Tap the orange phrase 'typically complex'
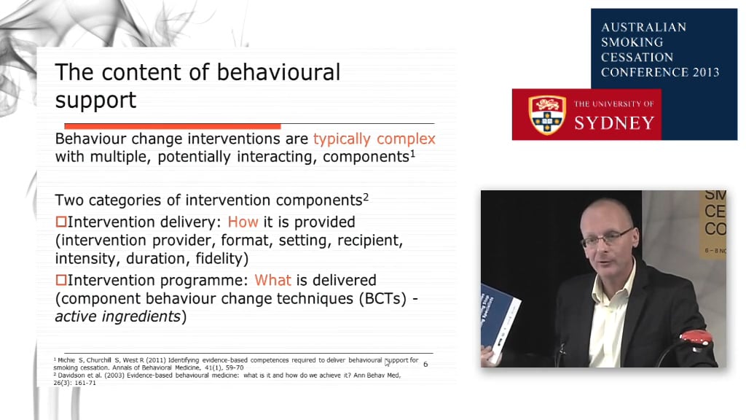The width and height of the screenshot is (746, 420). click(374, 139)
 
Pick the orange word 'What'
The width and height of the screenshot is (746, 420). click(272, 280)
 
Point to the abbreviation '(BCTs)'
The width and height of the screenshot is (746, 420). click(370, 299)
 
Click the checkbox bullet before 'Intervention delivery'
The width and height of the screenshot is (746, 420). click(61, 222)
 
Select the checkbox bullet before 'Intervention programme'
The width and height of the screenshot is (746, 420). click(61, 280)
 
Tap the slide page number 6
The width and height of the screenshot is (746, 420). click(425, 364)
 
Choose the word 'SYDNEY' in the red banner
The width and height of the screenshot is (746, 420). click(614, 122)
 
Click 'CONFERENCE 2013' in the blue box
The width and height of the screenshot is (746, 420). click(659, 72)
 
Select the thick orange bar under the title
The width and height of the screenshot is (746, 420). click(173, 126)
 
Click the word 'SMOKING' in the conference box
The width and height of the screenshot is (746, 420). click(632, 42)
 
